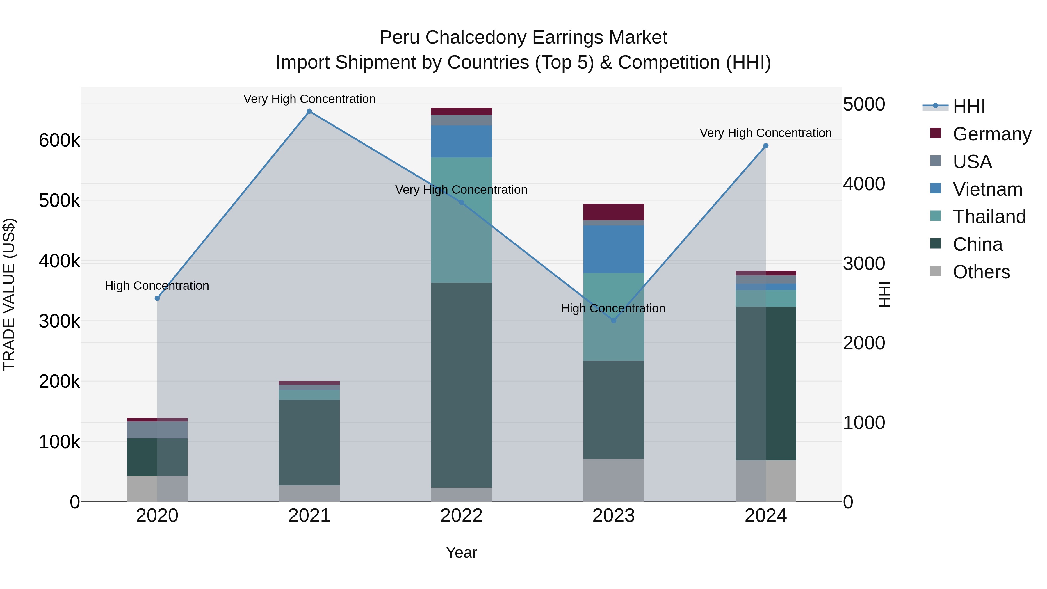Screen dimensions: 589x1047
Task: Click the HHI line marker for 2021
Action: [309, 111]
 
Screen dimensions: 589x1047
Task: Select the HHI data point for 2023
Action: [614, 321]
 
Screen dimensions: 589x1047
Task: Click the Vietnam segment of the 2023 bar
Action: [614, 249]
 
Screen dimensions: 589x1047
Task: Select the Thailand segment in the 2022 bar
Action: [461, 220]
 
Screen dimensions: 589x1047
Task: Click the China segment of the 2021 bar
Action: [309, 442]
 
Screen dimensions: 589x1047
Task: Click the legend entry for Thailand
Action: [989, 217]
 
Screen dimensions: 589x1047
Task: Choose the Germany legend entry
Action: [991, 134]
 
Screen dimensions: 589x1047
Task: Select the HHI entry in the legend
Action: [968, 106]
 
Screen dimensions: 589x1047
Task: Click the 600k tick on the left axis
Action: [59, 141]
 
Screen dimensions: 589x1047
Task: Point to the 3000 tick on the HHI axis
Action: [864, 264]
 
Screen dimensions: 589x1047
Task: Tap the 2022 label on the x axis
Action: [461, 516]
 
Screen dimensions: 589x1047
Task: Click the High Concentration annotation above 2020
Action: [157, 286]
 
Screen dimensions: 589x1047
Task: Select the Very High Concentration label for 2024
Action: [766, 133]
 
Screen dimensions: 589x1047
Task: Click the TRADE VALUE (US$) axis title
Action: [9, 294]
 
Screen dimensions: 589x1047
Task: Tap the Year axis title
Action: [461, 552]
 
